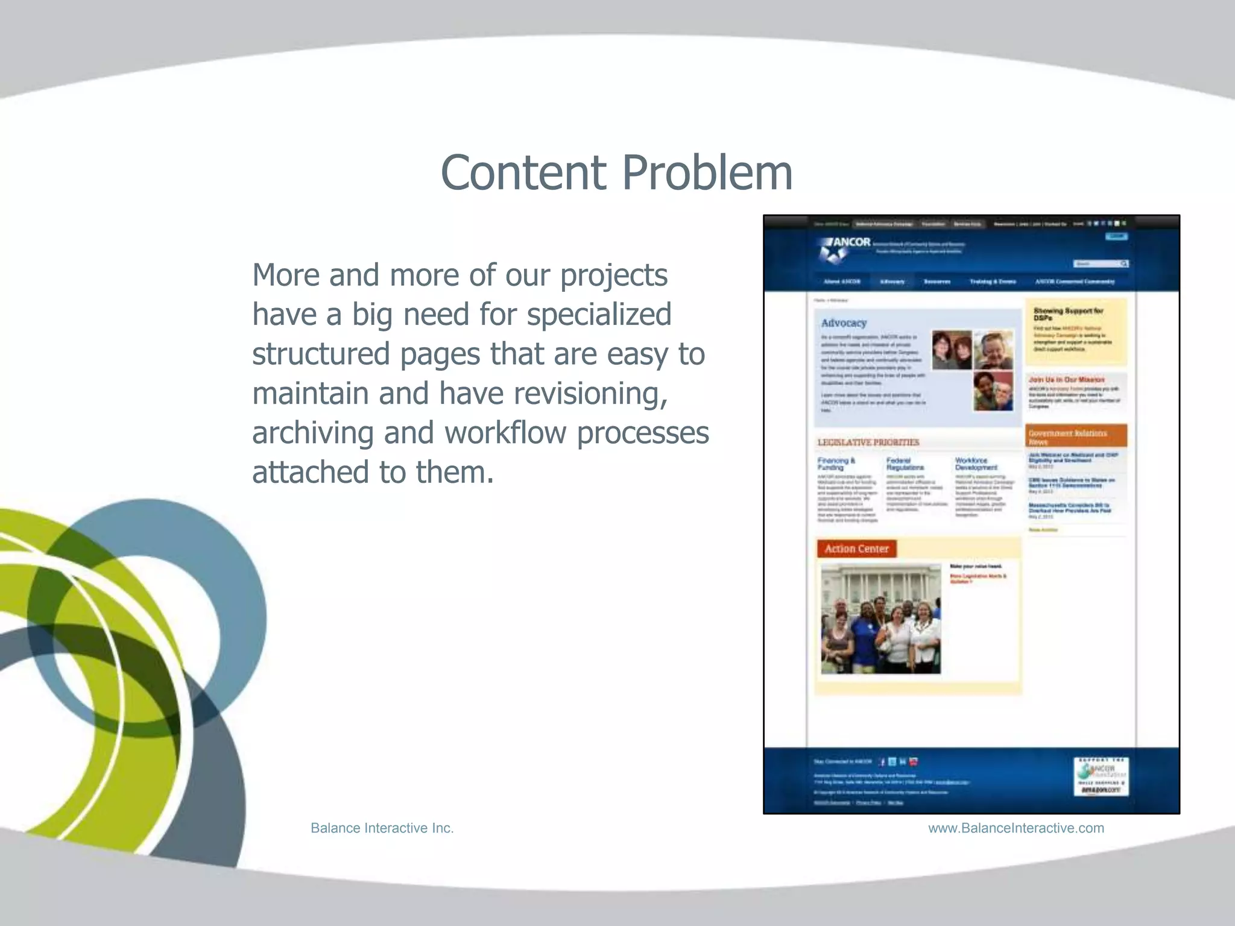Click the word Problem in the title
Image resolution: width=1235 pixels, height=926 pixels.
point(707,173)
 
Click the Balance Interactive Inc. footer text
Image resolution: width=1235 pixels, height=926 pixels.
point(382,828)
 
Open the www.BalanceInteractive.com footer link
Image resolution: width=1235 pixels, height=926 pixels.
point(1015,828)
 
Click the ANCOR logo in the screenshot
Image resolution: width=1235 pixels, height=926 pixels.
point(844,247)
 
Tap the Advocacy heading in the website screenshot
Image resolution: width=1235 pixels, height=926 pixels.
point(844,323)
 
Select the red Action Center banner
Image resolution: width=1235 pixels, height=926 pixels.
point(856,549)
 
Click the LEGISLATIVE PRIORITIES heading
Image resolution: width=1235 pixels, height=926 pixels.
point(868,443)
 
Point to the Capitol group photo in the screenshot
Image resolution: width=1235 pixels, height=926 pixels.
point(880,619)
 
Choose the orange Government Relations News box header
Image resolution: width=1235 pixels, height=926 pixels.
point(1076,436)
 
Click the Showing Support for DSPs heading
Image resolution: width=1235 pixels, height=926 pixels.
point(1068,313)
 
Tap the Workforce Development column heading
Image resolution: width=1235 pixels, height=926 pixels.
point(976,464)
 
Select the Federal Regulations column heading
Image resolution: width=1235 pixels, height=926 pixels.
point(905,464)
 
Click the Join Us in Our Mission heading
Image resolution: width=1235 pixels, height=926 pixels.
point(1066,380)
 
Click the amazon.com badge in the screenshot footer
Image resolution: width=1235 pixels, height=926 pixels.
point(1101,789)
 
